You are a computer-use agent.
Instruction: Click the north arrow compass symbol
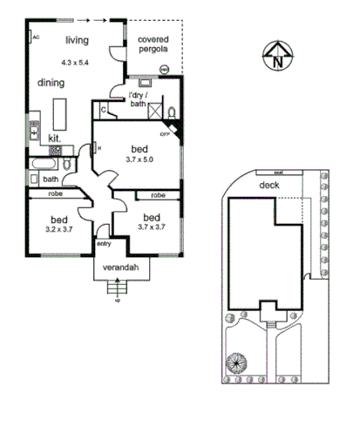pyautogui.click(x=276, y=55)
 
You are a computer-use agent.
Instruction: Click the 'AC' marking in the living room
pyautogui.click(x=36, y=37)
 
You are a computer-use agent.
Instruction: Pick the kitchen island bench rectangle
pyautogui.click(x=60, y=112)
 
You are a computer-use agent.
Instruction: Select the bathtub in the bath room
pyautogui.click(x=42, y=163)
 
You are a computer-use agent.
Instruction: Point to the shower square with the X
pyautogui.click(x=156, y=111)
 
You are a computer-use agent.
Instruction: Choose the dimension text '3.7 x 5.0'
pyautogui.click(x=139, y=159)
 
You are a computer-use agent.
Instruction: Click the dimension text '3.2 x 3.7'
pyautogui.click(x=59, y=228)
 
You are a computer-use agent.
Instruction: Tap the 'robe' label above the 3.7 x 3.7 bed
pyautogui.click(x=159, y=195)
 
